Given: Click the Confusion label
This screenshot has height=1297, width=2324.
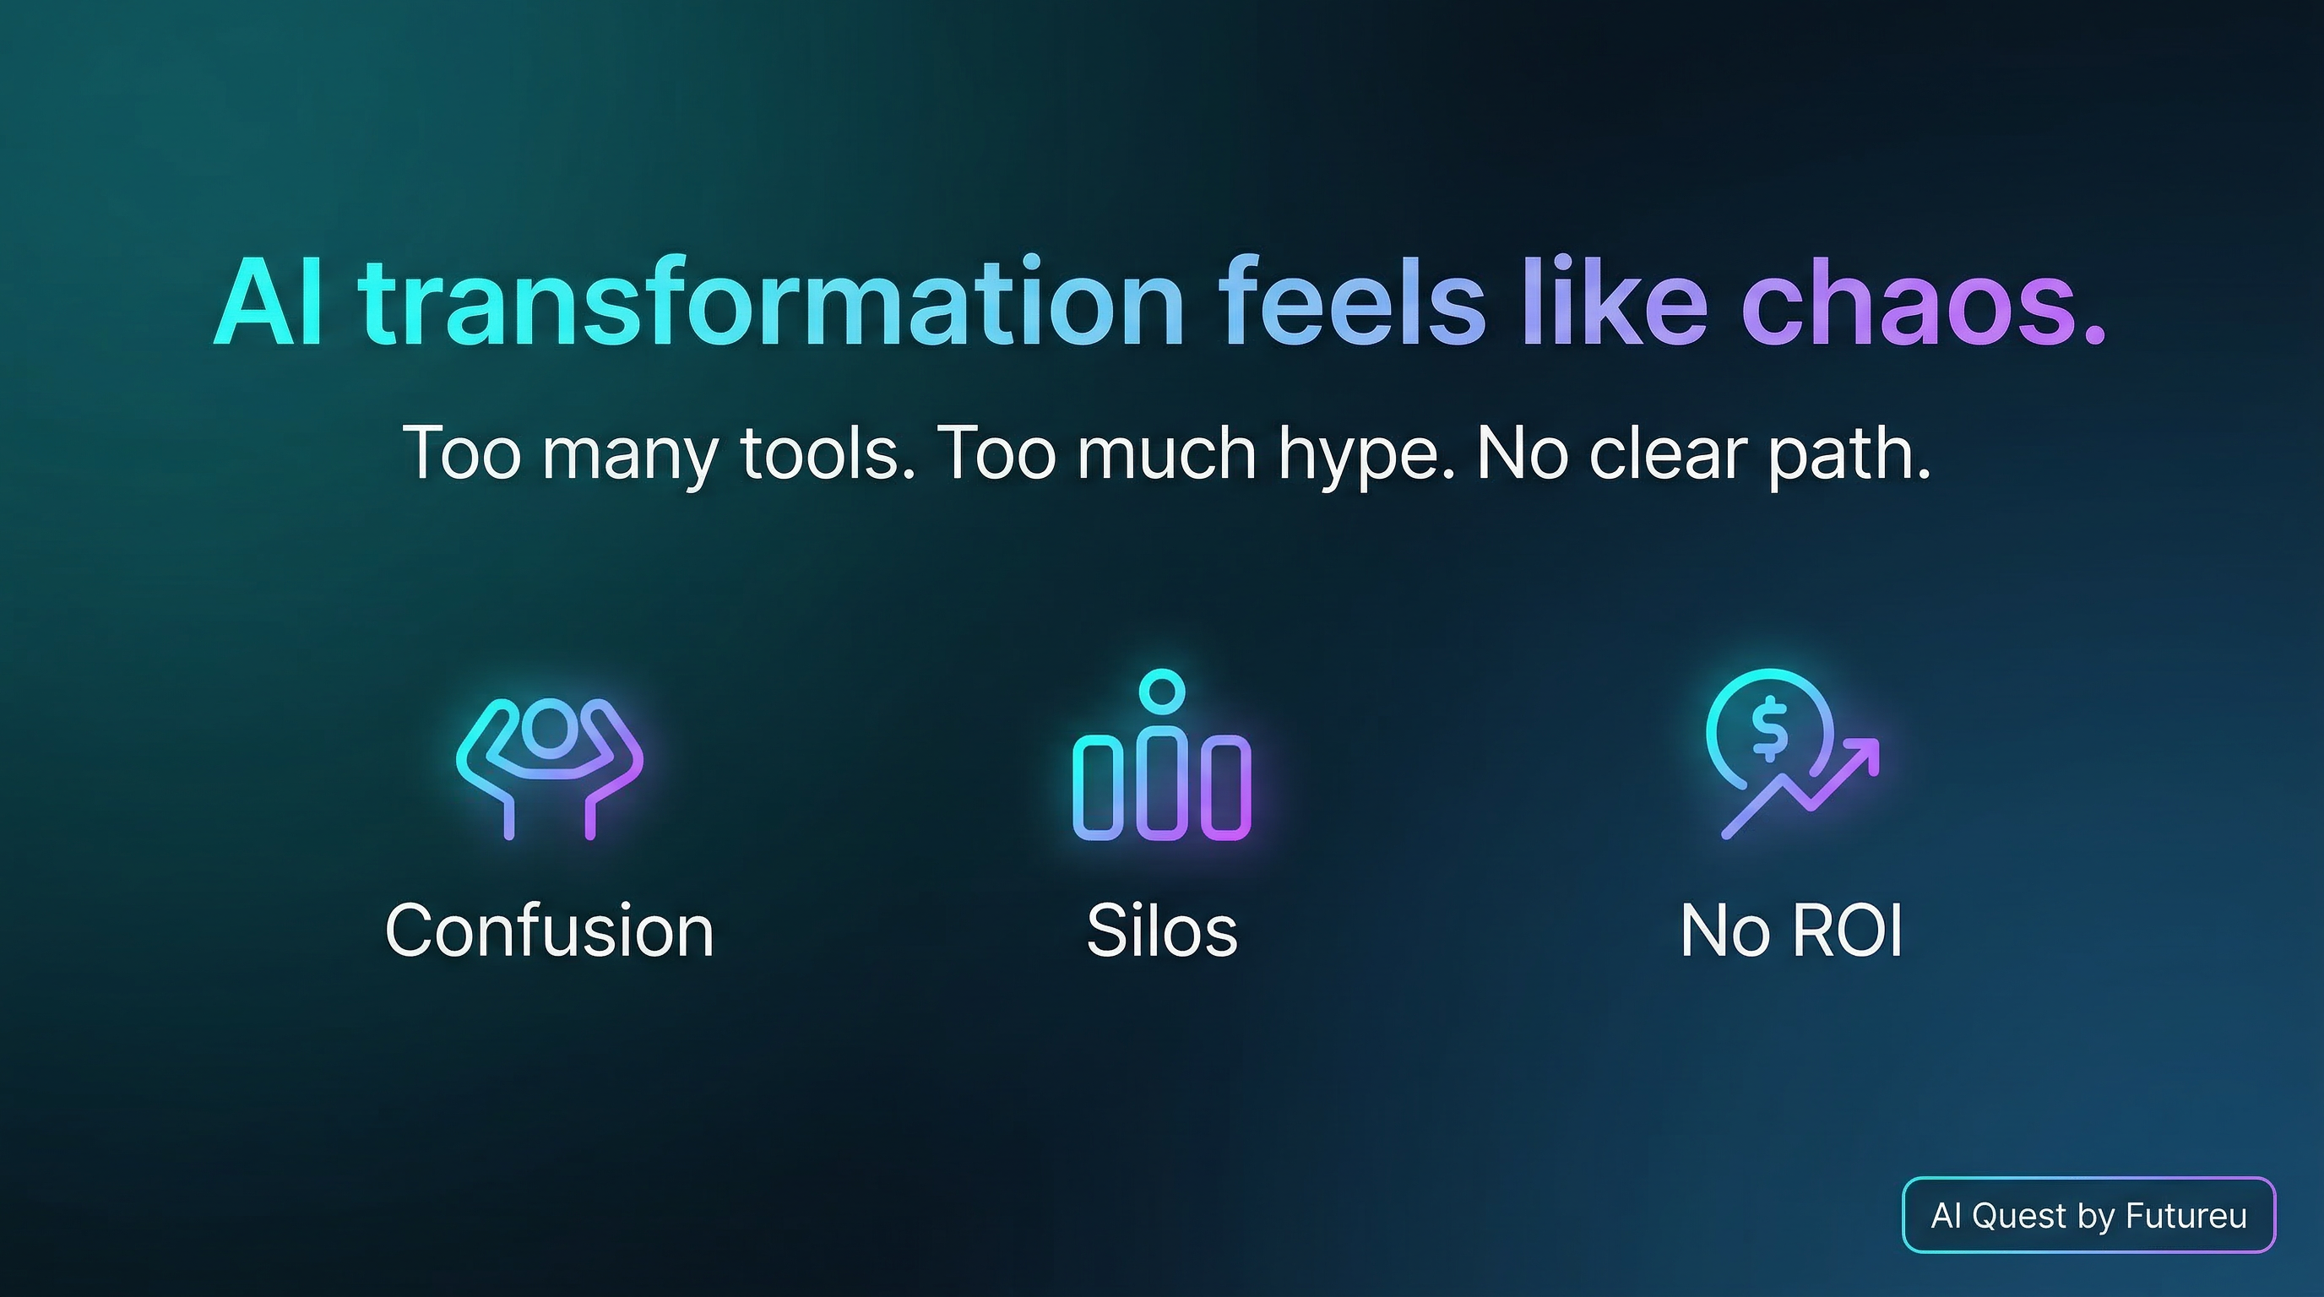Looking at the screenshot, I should point(550,931).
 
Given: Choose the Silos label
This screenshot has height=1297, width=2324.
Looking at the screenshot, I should point(1162,931).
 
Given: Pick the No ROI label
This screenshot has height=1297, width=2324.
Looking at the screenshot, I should point(1792,931).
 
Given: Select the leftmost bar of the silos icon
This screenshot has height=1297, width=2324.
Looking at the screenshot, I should point(1097,786).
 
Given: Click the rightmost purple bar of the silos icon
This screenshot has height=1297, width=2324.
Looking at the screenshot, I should point(1226,786).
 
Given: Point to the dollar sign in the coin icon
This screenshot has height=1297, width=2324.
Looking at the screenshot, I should point(1769,728).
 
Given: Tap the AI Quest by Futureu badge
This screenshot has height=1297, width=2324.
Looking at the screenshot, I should point(2088,1215).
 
